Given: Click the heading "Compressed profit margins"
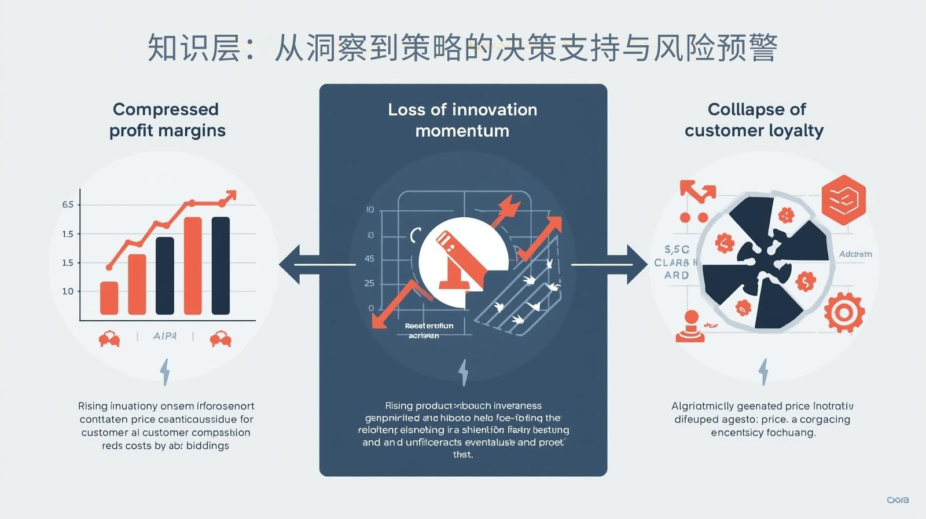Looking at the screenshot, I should point(167,120).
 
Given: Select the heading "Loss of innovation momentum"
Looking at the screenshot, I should point(462,120).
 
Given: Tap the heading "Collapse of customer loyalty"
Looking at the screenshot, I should point(755,120).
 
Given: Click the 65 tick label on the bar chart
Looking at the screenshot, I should point(68,204).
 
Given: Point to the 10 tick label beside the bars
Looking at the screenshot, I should point(68,291).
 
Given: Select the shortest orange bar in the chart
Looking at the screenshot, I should point(109,298).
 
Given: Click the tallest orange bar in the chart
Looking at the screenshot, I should point(193,266).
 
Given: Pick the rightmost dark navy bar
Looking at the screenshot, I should point(221,266).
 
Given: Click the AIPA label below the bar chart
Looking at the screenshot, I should point(164,336).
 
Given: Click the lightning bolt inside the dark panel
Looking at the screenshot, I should point(463,372).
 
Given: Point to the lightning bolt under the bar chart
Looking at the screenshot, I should point(165,372).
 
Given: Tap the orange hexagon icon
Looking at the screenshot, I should point(844,200).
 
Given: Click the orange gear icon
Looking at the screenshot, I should point(844,313).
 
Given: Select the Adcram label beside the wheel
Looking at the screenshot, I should point(855,254).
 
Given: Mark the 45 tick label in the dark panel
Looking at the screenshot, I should point(369,259).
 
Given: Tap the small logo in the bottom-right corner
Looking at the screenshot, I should point(897,500).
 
